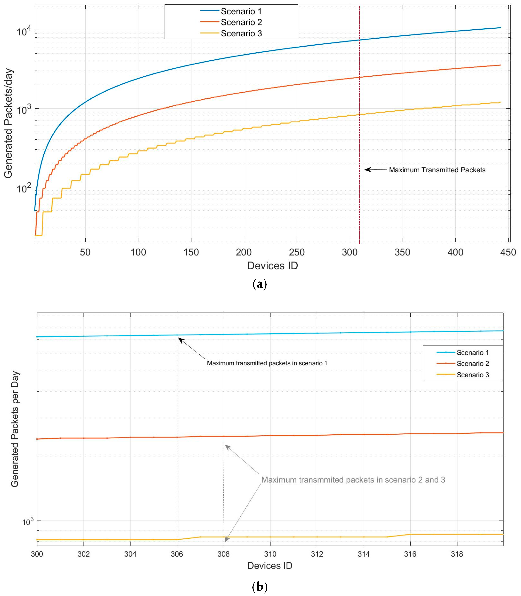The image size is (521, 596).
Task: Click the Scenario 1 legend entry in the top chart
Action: tap(241, 11)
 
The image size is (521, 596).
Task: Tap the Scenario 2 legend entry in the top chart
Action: tap(241, 22)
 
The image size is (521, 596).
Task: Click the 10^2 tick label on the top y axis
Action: tap(23, 188)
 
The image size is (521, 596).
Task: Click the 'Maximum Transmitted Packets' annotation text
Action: tap(437, 170)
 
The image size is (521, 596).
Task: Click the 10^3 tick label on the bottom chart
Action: tap(28, 522)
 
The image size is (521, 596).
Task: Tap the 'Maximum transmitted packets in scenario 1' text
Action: tap(267, 363)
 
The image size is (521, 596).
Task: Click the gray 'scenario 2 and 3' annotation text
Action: tap(353, 480)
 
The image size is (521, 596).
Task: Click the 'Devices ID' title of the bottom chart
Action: tap(270, 566)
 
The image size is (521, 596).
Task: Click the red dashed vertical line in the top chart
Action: tap(359, 131)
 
